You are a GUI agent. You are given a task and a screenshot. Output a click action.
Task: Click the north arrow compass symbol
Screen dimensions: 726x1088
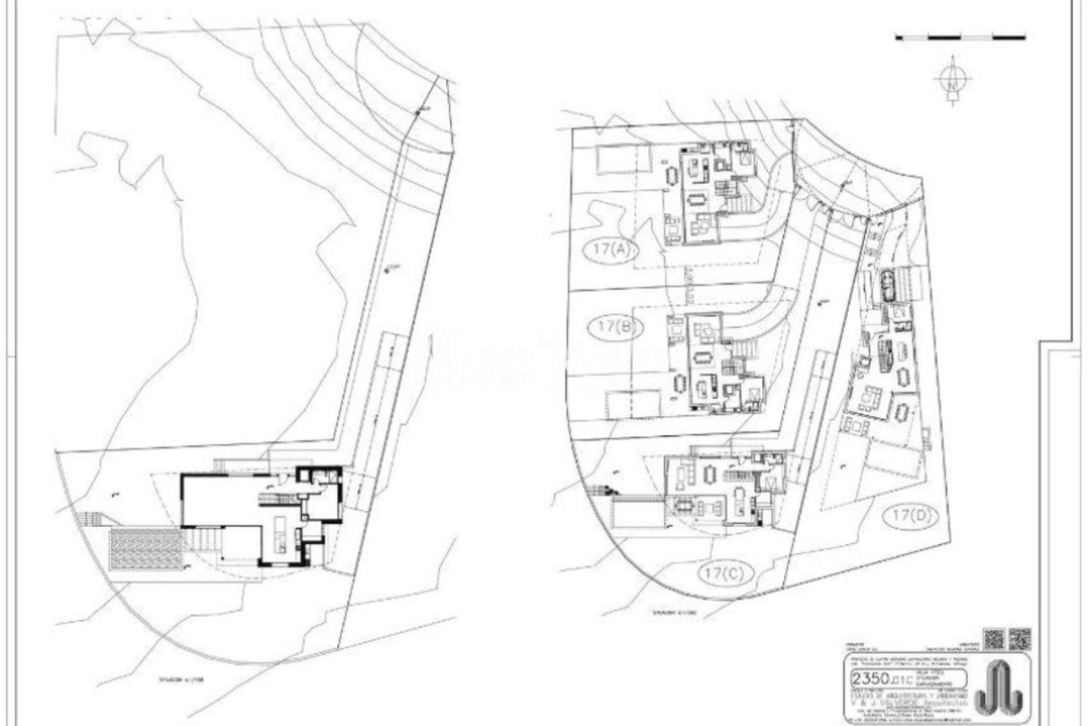tap(954, 81)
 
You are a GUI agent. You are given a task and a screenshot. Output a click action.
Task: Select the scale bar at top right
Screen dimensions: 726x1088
tap(960, 38)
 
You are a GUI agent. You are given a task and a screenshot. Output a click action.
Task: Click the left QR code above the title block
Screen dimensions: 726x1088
tap(994, 639)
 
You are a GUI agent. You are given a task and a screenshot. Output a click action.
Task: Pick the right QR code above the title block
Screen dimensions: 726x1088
tap(1020, 639)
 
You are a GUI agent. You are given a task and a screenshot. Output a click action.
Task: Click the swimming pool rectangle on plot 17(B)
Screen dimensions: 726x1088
tap(634, 405)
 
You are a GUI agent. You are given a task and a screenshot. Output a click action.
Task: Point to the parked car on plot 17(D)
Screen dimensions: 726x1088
tap(887, 286)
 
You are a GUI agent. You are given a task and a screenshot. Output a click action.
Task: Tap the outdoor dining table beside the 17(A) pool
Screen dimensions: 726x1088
tap(672, 175)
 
